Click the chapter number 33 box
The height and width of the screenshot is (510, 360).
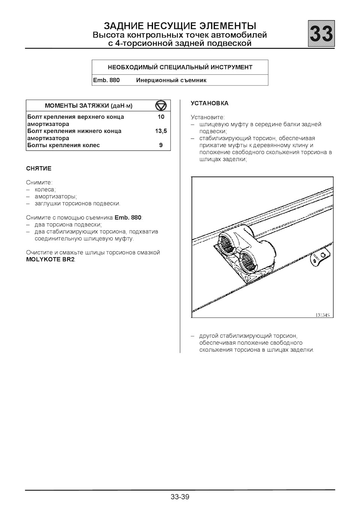tap(321, 34)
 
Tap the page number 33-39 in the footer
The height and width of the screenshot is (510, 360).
tap(180, 497)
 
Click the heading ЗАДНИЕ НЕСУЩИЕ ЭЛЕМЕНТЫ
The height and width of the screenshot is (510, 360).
tap(180, 26)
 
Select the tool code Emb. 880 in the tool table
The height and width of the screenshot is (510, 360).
tap(106, 80)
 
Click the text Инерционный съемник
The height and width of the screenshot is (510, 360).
tap(171, 80)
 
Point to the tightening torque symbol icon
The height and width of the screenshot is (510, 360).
tap(161, 105)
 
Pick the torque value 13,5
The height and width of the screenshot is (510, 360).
tap(161, 131)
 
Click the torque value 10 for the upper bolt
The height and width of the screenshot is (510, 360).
tap(161, 117)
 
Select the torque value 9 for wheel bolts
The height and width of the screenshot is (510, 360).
tap(161, 145)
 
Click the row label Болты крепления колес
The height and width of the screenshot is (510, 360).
tap(64, 145)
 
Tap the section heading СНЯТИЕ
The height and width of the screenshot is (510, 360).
tap(39, 168)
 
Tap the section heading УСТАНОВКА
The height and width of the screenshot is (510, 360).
tap(209, 103)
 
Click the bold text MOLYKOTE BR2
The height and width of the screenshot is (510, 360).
tap(51, 260)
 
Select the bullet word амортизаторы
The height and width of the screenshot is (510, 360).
tap(55, 197)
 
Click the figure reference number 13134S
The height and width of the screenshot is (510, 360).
tap(322, 315)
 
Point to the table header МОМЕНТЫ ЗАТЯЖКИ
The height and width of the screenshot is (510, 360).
tap(88, 106)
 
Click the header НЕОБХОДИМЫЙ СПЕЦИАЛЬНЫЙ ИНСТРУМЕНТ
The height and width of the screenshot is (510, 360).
tap(180, 68)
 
